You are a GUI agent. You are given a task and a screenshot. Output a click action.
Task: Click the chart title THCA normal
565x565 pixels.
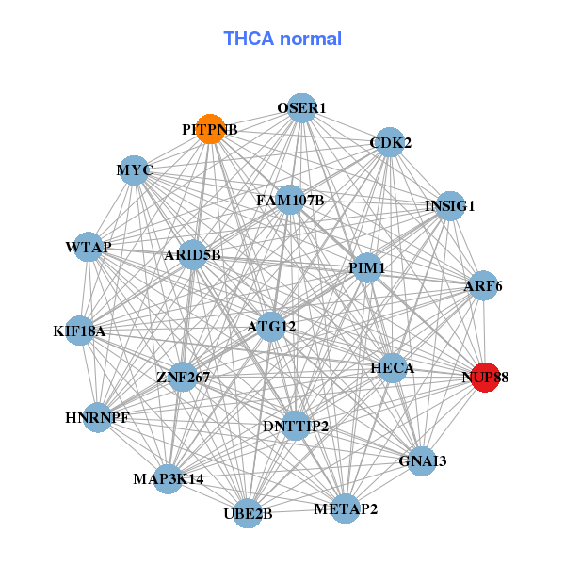click(282, 39)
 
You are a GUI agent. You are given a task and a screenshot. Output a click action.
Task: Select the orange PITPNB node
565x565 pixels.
click(211, 128)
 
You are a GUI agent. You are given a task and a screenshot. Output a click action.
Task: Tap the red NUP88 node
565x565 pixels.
click(484, 378)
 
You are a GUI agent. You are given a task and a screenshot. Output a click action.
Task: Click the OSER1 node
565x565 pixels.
click(301, 108)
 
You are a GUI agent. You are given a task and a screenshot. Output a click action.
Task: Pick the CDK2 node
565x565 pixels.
click(389, 143)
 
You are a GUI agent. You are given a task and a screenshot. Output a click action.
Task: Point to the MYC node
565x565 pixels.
click(135, 170)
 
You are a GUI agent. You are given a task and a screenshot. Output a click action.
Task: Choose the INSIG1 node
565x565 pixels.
click(450, 206)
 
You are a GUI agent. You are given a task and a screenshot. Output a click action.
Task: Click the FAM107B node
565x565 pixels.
click(290, 200)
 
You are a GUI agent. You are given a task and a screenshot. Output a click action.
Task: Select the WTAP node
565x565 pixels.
click(89, 247)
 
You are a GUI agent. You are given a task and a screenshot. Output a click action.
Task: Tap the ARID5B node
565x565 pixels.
click(192, 254)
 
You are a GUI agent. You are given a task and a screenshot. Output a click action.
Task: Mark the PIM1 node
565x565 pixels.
click(366, 268)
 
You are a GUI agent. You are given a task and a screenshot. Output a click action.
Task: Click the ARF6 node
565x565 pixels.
click(483, 285)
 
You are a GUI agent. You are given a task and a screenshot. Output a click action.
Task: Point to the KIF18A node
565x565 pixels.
click(80, 331)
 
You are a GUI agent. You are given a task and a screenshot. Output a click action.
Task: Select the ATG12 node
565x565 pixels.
click(272, 327)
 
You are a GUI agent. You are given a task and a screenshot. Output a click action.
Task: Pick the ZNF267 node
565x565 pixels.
click(183, 377)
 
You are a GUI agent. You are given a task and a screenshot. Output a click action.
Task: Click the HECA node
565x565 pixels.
click(392, 367)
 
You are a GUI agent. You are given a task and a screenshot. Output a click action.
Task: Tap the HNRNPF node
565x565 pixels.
click(98, 416)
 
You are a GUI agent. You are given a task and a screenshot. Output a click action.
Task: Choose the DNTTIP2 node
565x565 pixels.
click(296, 426)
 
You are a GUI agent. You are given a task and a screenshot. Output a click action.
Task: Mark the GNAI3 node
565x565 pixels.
click(422, 460)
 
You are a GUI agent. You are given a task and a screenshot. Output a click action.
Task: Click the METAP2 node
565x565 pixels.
click(345, 509)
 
